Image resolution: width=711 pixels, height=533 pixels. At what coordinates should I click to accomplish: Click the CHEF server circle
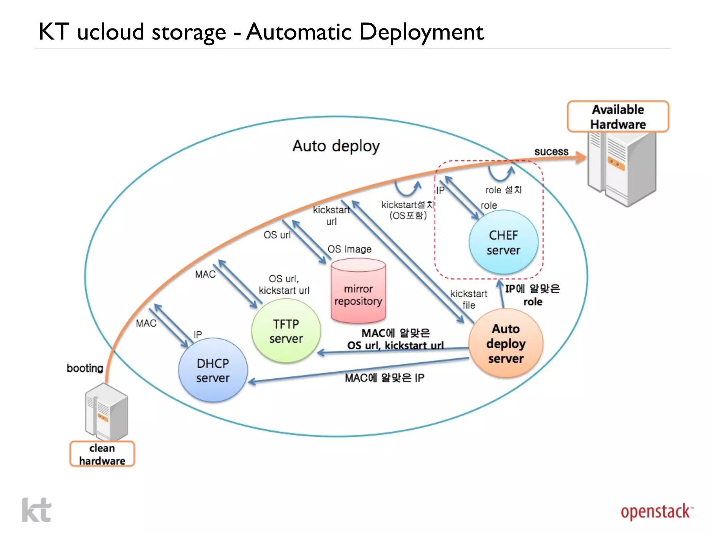pyautogui.click(x=503, y=242)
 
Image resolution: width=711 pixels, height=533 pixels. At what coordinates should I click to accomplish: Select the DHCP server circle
pyautogui.click(x=213, y=370)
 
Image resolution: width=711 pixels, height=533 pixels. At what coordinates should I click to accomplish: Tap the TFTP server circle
pyautogui.click(x=286, y=331)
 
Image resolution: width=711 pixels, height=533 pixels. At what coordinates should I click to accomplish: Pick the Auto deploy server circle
pyautogui.click(x=505, y=343)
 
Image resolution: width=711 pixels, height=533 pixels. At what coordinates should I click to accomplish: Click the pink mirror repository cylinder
pyautogui.click(x=358, y=291)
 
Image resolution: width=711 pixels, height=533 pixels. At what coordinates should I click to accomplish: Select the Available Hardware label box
pyautogui.click(x=618, y=117)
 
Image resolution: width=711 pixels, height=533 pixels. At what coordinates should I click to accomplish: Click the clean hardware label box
pyautogui.click(x=102, y=454)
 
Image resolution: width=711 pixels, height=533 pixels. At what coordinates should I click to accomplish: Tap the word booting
pyautogui.click(x=85, y=368)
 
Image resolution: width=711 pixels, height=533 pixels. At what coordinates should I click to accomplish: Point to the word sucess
pyautogui.click(x=551, y=152)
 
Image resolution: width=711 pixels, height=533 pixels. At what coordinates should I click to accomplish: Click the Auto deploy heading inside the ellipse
pyautogui.click(x=336, y=146)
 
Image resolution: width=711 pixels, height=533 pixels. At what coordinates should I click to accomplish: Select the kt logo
pyautogui.click(x=36, y=510)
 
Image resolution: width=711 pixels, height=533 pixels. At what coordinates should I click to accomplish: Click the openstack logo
pyautogui.click(x=656, y=512)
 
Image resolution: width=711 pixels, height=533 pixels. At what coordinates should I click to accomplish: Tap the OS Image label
pyautogui.click(x=349, y=249)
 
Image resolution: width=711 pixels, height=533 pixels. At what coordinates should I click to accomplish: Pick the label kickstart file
pyautogui.click(x=469, y=299)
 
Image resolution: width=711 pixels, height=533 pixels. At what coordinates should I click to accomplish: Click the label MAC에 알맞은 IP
pyautogui.click(x=384, y=378)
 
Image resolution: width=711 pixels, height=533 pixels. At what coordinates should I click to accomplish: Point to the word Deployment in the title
pyautogui.click(x=421, y=32)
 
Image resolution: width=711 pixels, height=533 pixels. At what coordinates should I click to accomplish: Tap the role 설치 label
pyautogui.click(x=503, y=190)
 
